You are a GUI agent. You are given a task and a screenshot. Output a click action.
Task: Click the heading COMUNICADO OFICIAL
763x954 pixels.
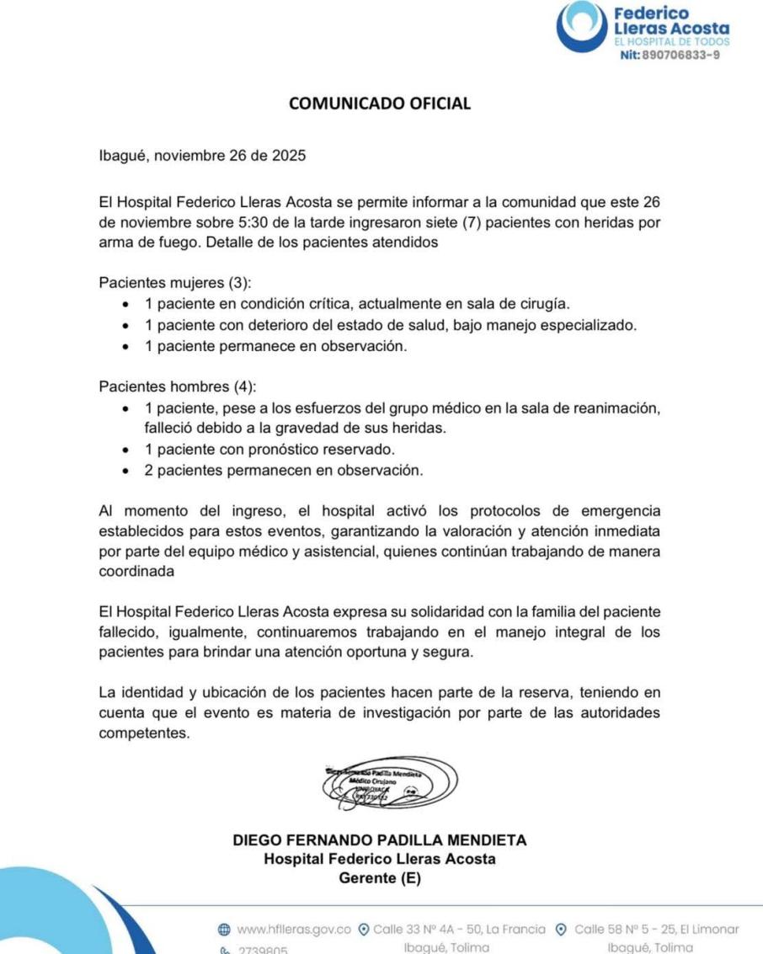(x=379, y=104)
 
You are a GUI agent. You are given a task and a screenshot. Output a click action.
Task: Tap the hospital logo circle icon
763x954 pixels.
(x=580, y=28)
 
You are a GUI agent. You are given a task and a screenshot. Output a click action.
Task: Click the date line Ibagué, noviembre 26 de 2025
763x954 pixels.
(x=202, y=156)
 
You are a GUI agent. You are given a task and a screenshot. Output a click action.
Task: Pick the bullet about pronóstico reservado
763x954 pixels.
(x=269, y=449)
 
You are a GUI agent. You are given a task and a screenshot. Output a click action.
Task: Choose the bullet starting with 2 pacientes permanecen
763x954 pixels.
(x=283, y=470)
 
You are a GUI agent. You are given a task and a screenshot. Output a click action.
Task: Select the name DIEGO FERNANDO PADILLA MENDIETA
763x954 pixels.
(x=379, y=839)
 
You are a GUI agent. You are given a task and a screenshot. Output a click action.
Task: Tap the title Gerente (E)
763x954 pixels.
(x=379, y=878)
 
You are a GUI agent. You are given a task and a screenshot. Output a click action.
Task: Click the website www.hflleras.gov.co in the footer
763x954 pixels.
(x=294, y=930)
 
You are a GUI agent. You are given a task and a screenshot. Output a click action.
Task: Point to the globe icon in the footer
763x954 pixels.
(x=224, y=930)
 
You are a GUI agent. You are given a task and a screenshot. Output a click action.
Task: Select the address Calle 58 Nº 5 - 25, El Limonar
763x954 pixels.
(x=656, y=930)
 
